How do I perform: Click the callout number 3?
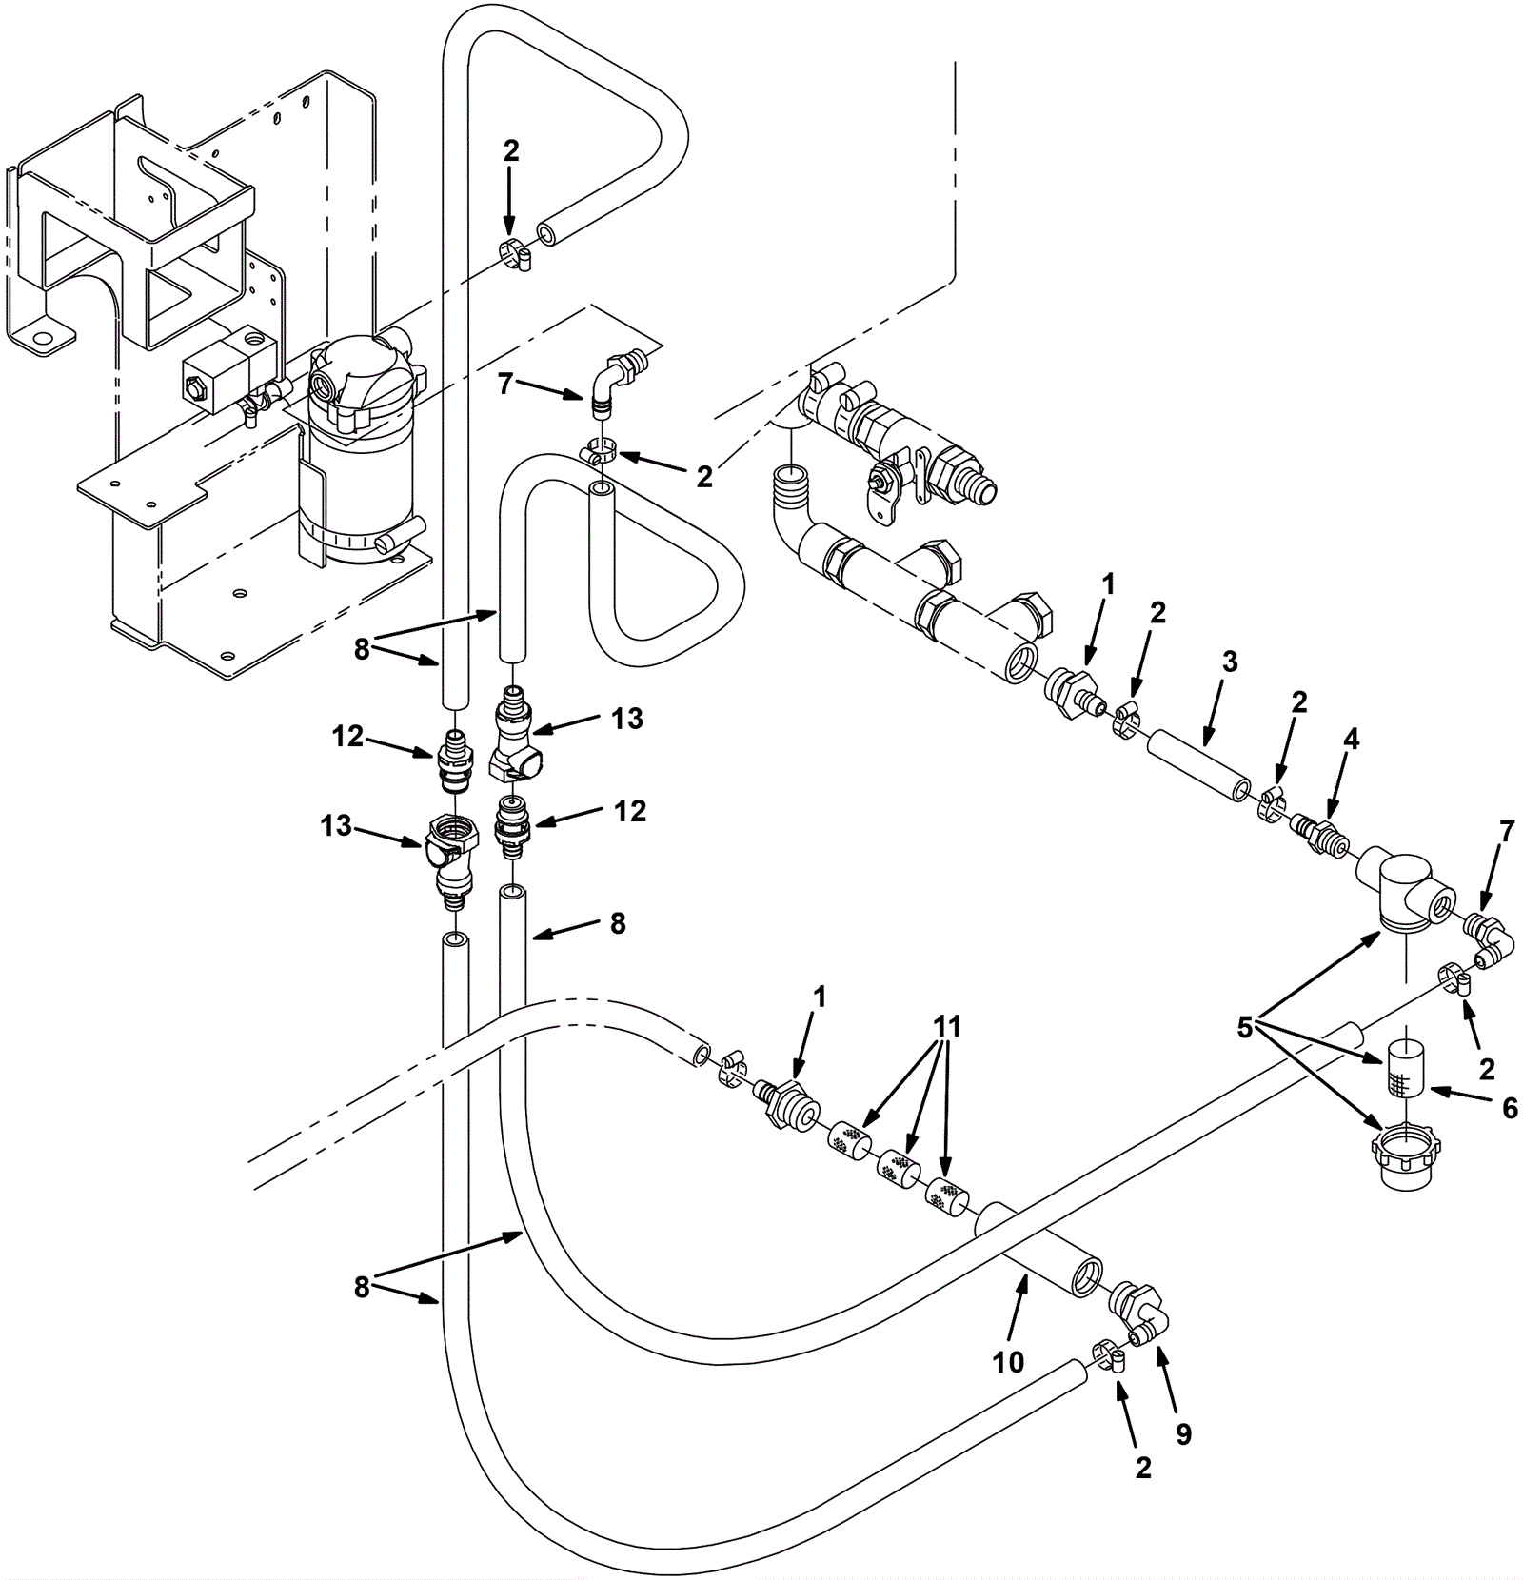(x=1230, y=662)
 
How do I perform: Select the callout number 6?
(x=1510, y=1107)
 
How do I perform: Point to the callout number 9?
(x=1183, y=1434)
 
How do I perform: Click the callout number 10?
(x=1008, y=1362)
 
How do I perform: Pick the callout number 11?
(x=947, y=1027)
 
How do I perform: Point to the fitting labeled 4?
(x=1318, y=834)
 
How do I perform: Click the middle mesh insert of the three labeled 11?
(x=896, y=1166)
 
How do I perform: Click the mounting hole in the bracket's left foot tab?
(x=40, y=337)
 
